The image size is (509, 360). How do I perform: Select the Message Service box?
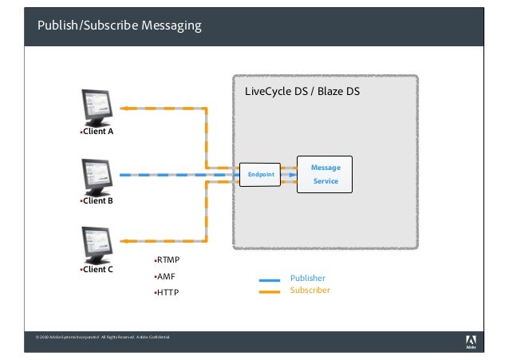tap(325, 175)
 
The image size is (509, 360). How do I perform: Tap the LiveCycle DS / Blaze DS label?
tap(302, 92)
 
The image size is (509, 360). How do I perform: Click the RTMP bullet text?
tap(169, 260)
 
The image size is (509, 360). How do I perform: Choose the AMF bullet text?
tap(165, 276)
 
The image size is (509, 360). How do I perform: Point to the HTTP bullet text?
tap(168, 292)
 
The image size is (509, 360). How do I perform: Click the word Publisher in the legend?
tap(307, 278)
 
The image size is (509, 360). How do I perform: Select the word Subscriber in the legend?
tap(310, 291)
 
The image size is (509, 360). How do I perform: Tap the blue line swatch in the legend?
tap(270, 279)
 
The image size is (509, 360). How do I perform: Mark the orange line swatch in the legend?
tap(270, 291)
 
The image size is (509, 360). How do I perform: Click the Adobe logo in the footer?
tap(471, 342)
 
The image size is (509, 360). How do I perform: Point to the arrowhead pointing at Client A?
tap(124, 107)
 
